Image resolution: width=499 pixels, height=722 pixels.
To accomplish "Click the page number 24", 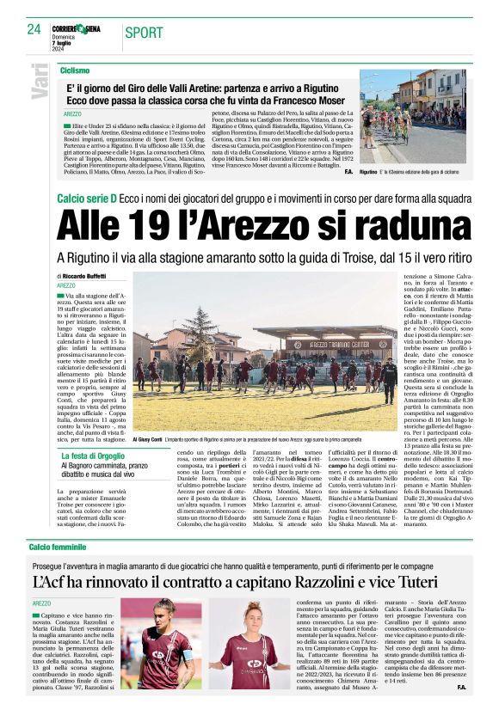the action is [34, 30].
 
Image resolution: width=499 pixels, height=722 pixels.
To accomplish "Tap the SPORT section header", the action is [144, 33].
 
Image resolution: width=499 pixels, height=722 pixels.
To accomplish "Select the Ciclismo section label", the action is [75, 70].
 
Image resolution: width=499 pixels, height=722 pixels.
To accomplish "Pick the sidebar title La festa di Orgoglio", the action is [92, 456].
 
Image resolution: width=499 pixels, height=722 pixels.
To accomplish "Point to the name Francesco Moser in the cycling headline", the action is [308, 99].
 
